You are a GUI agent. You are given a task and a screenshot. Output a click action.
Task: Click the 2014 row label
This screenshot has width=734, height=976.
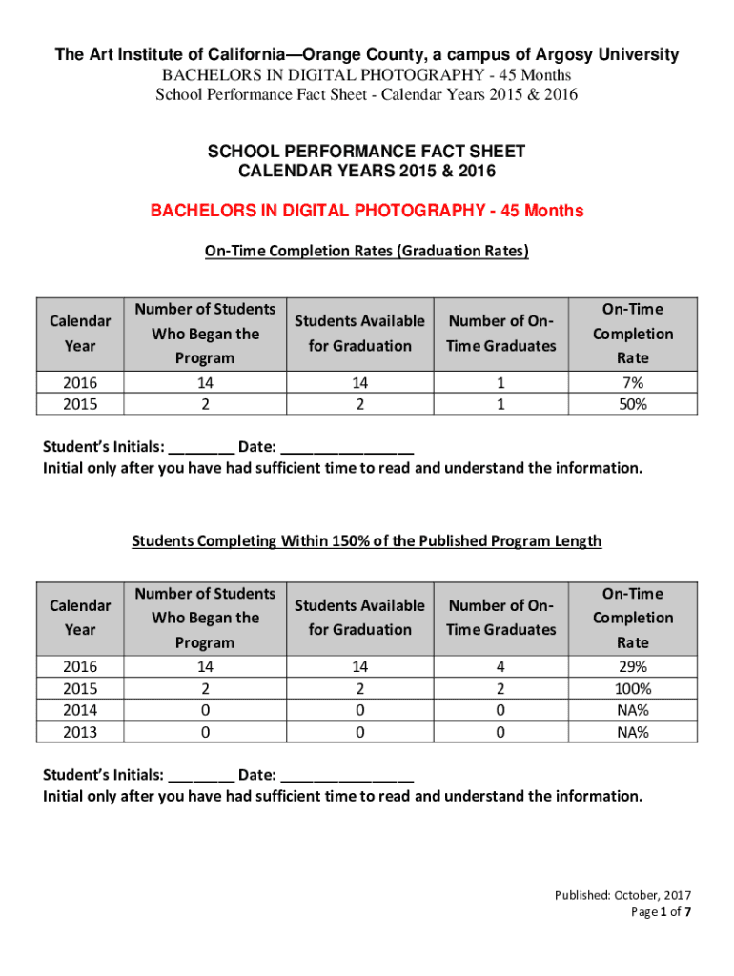(80, 711)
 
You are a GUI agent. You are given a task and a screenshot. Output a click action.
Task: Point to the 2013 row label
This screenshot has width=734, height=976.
(80, 733)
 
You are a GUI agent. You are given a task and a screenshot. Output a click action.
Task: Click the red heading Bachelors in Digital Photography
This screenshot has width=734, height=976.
(367, 211)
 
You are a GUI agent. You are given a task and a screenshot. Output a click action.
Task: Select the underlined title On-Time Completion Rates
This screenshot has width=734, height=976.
(367, 252)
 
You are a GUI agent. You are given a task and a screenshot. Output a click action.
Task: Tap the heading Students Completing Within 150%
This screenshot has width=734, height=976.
(367, 541)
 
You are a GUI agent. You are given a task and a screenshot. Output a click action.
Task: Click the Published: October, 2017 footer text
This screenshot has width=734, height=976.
(623, 895)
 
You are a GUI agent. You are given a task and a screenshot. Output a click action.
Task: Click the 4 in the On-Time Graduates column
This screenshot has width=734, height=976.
(500, 667)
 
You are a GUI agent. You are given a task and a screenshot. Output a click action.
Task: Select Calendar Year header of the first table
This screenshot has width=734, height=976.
(80, 334)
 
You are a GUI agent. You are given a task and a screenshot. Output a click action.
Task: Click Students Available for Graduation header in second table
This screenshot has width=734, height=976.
(359, 618)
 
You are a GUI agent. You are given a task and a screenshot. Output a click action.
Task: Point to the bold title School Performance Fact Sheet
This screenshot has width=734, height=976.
(367, 152)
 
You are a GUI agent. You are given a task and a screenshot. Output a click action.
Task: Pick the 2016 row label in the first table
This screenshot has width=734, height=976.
(80, 382)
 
